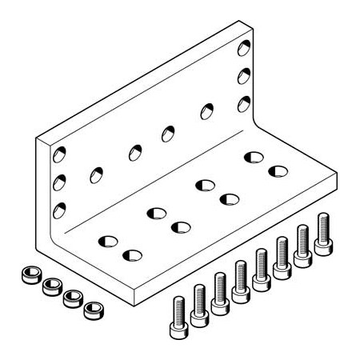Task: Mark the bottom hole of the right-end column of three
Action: (x=242, y=102)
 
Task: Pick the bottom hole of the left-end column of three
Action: (x=60, y=210)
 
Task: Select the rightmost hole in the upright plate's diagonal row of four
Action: (x=206, y=110)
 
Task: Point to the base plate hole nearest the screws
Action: (x=132, y=256)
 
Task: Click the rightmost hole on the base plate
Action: (x=278, y=170)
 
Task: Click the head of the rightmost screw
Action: (x=323, y=218)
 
